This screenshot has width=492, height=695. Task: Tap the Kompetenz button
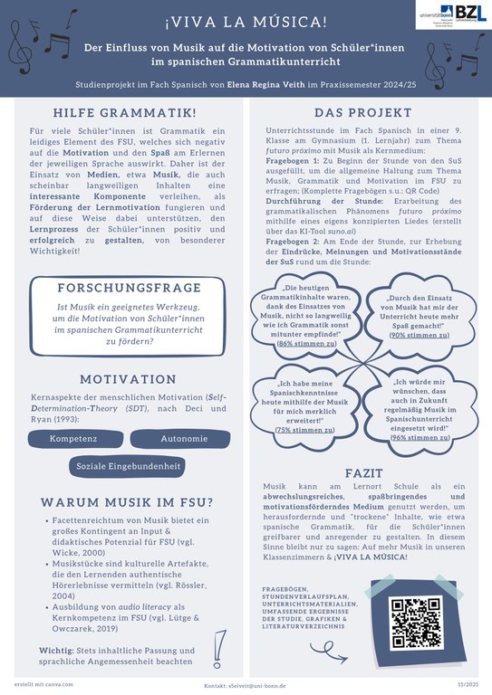click(x=75, y=439)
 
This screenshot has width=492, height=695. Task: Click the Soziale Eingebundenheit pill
click(x=129, y=466)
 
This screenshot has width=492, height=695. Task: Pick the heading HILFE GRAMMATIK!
click(x=125, y=113)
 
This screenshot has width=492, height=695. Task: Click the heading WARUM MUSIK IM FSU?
click(x=127, y=503)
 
